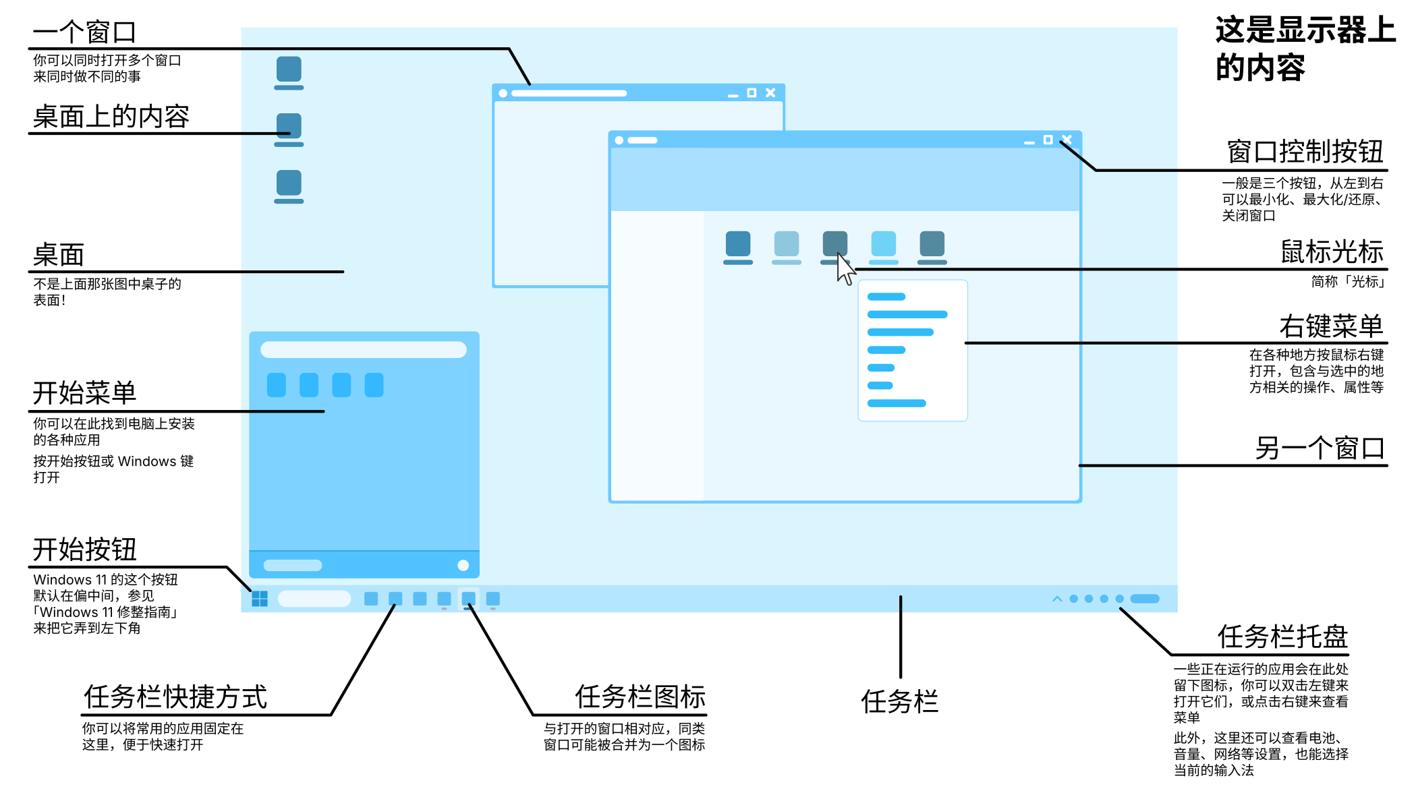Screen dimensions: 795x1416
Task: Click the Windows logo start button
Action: [x=260, y=599]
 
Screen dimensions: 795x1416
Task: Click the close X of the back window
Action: [x=770, y=93]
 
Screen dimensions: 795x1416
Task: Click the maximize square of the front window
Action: [x=1048, y=140]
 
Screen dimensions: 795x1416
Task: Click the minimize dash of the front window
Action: [x=1029, y=142]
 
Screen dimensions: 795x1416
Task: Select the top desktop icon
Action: [x=289, y=71]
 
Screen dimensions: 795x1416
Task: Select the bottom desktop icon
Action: [x=289, y=185]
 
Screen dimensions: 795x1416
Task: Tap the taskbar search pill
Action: [x=314, y=599]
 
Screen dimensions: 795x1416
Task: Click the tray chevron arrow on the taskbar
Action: [x=1057, y=599]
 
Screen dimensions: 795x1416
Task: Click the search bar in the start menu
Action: [x=364, y=349]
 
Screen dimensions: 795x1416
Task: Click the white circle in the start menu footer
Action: [x=463, y=565]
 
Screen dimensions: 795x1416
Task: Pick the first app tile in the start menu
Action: [x=277, y=385]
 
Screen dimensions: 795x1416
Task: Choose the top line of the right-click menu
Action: [x=886, y=297]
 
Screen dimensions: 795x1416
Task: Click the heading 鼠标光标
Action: [x=1332, y=252]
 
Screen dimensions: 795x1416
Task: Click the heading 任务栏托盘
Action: [x=1282, y=637]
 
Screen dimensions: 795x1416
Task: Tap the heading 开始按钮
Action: [x=85, y=550]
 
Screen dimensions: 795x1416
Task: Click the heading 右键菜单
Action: [x=1332, y=326]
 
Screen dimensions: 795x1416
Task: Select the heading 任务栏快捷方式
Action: [x=175, y=697]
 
